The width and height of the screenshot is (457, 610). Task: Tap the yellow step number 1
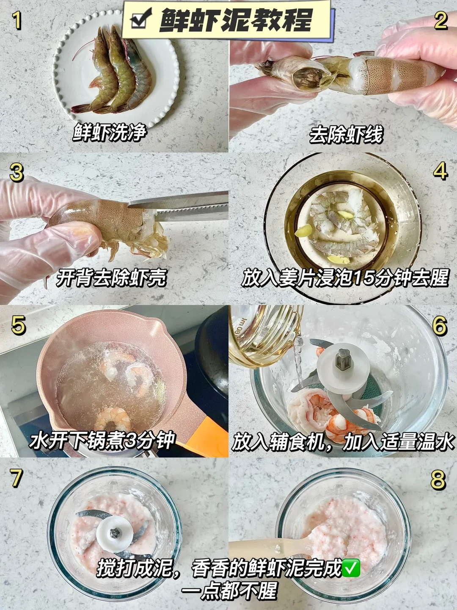coord(17,21)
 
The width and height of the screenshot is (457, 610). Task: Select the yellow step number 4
coord(440,170)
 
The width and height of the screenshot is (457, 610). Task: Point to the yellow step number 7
coord(16,478)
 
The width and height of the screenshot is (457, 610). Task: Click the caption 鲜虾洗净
coord(110,132)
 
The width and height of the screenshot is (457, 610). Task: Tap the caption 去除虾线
coord(346,135)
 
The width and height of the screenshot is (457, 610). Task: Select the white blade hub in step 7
coord(114,533)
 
